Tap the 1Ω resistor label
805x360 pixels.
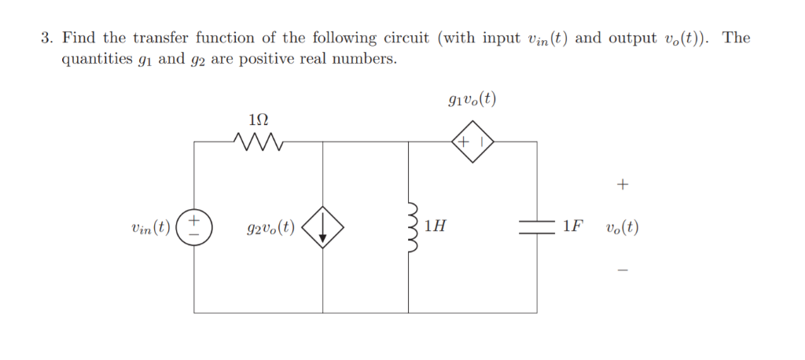coord(258,120)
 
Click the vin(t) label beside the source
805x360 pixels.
coord(150,228)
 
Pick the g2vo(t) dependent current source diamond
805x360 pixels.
coord(322,228)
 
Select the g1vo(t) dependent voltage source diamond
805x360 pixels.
coord(472,142)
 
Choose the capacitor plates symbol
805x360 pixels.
coord(537,228)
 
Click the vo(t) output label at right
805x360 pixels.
coord(622,228)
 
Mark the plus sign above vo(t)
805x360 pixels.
coord(623,186)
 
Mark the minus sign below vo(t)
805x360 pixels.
coord(623,270)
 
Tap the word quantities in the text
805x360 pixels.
coord(97,61)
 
